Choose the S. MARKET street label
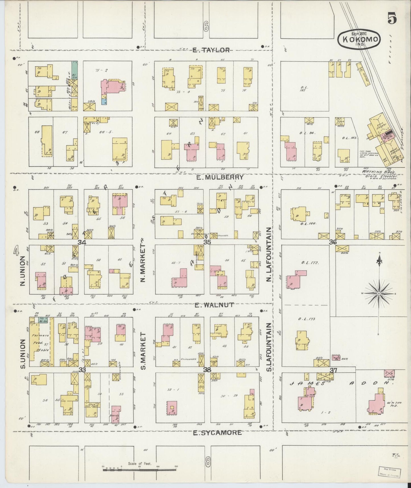click(x=143, y=351)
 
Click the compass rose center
click(x=379, y=293)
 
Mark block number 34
click(x=82, y=242)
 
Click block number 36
click(x=333, y=242)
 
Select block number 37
click(x=333, y=370)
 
